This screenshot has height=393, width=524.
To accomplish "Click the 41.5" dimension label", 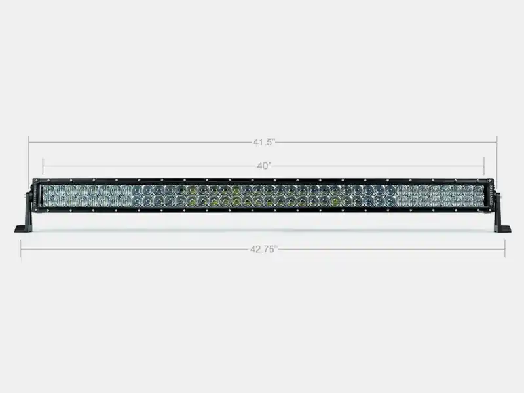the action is pyautogui.click(x=264, y=142).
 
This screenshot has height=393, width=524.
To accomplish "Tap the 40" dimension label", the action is pyautogui.click(x=264, y=166).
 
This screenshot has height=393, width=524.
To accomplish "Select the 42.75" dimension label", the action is pyautogui.click(x=264, y=249).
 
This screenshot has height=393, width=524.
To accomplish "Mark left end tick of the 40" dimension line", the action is pyautogui.click(x=43, y=166).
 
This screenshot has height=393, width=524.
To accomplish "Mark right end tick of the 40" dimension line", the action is pyautogui.click(x=484, y=166).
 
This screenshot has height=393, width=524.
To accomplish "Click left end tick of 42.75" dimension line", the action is pyautogui.click(x=21, y=249).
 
